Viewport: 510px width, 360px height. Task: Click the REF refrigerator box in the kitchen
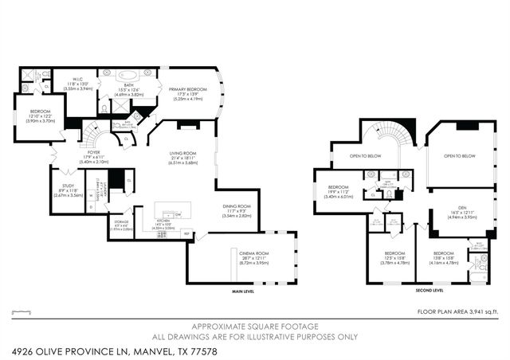187,233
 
